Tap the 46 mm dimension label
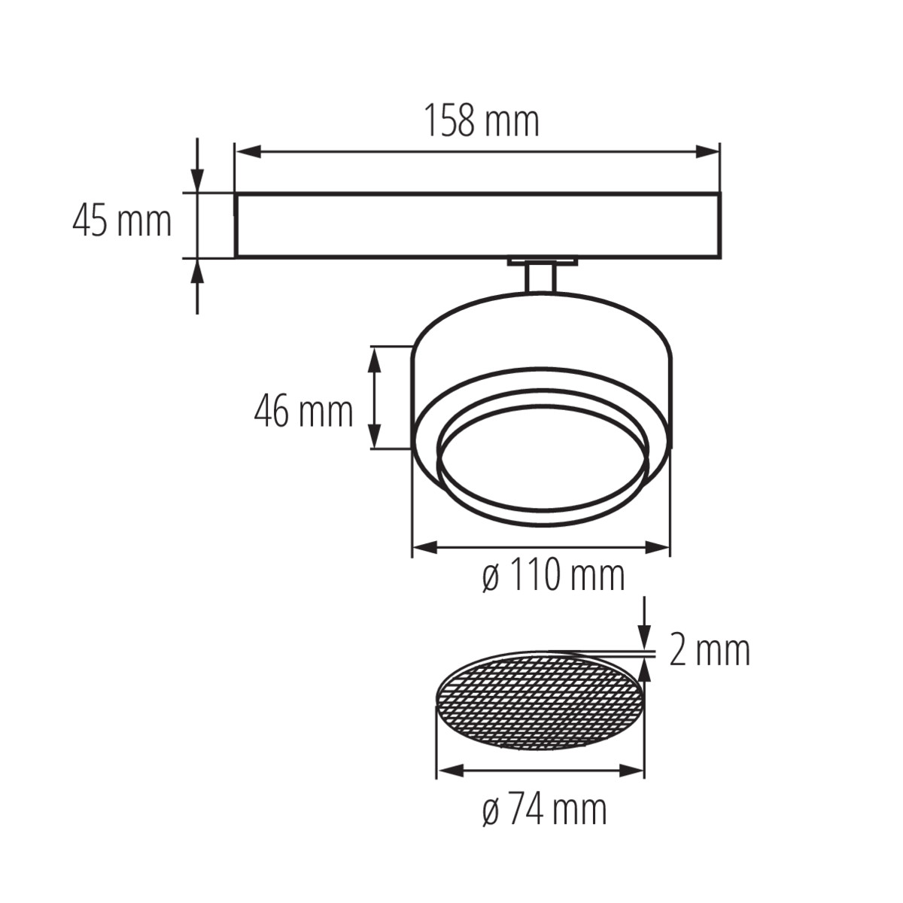coord(304,412)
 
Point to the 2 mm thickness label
coord(710,650)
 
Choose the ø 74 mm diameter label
coord(545,809)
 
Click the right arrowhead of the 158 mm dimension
coord(707,152)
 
